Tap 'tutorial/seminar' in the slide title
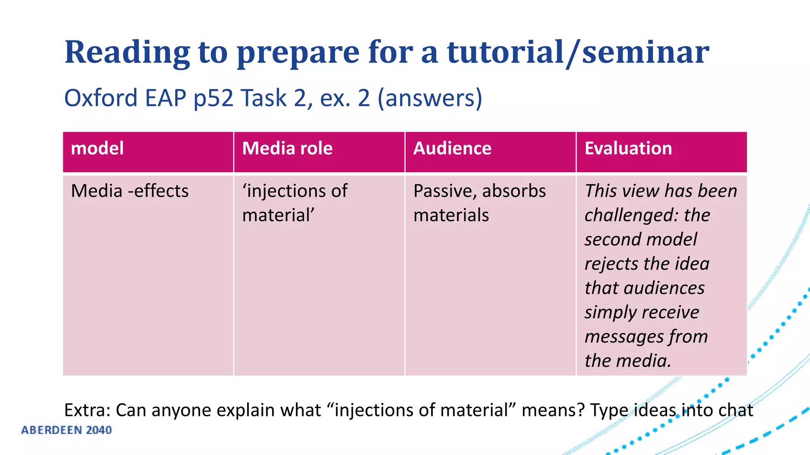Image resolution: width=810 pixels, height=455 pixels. pos(578,52)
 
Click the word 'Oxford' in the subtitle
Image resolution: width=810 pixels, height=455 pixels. pos(101,98)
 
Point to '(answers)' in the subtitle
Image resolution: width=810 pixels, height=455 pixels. pos(430,98)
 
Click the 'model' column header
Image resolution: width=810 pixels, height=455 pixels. pos(97,149)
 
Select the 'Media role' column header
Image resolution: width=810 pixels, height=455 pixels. pos(287,149)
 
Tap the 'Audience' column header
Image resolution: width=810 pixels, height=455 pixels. pos(452,149)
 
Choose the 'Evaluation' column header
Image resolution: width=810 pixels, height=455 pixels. pos(628,149)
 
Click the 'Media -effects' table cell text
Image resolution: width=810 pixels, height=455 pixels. pos(130,191)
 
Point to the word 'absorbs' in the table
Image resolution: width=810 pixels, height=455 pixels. pos(514,191)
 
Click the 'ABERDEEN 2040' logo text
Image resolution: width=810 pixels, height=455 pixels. pos(66,430)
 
